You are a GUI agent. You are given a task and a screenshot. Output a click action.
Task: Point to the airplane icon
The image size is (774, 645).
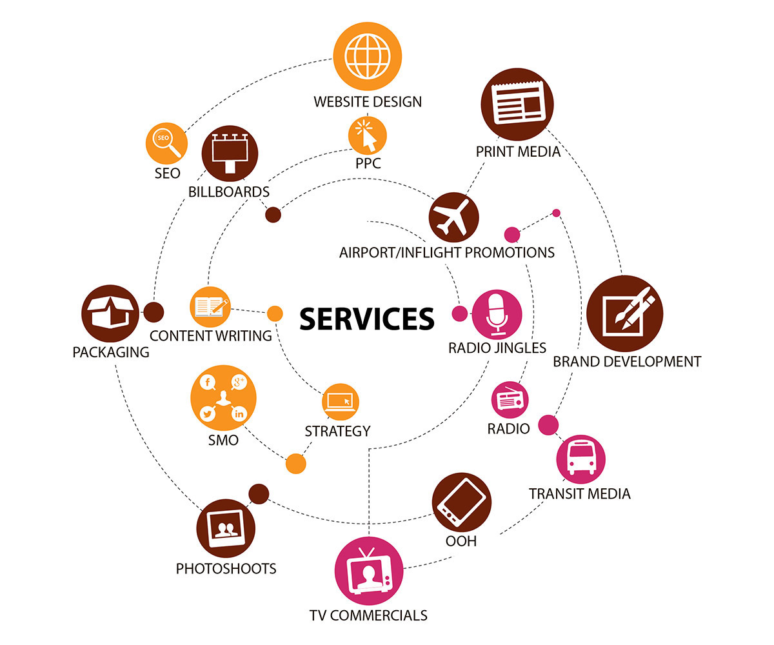453,217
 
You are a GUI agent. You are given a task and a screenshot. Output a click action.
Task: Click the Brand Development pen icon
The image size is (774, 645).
624,314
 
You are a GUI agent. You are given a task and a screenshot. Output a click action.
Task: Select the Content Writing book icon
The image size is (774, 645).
210,306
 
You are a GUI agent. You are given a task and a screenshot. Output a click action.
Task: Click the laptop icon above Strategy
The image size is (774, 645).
340,401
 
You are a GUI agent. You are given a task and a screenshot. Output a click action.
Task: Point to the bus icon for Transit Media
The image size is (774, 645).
580,459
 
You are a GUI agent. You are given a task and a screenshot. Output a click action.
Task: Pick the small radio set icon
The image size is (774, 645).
510,401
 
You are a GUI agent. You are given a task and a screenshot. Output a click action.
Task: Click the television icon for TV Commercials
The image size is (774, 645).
369,570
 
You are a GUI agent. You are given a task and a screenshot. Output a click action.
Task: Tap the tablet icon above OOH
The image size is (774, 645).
462,502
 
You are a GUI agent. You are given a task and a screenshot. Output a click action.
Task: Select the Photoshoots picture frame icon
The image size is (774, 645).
224,528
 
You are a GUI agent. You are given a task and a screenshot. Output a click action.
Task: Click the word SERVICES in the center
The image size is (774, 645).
367,318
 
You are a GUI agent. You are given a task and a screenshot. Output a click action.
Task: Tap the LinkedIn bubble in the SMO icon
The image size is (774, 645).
239,413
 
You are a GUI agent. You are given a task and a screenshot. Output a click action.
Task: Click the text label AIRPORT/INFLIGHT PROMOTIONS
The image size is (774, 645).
446,252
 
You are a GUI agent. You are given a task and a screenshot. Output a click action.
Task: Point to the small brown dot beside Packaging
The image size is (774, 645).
154,312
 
